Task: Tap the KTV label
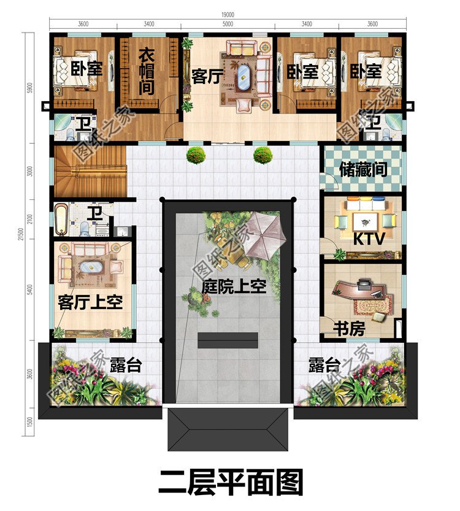(x=369, y=239)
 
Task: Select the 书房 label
(x=349, y=329)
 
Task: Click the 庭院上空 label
(x=234, y=286)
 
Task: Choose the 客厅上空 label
(x=91, y=301)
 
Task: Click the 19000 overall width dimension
(x=226, y=14)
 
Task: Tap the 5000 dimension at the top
(x=228, y=25)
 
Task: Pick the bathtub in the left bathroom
(x=61, y=220)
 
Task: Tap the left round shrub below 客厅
(x=196, y=155)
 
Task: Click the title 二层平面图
(x=230, y=482)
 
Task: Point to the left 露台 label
(x=126, y=366)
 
